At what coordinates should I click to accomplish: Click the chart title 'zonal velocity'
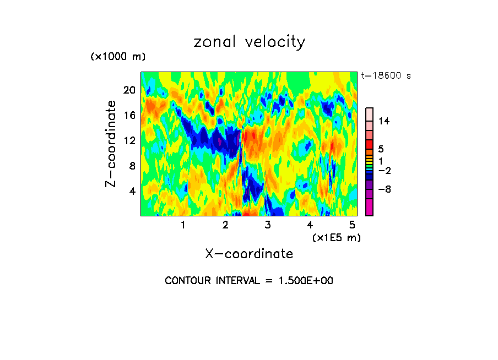click(249, 42)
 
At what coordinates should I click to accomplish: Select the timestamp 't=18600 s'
click(386, 76)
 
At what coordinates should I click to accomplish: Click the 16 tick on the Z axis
click(129, 115)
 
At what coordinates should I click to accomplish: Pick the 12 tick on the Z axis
click(129, 140)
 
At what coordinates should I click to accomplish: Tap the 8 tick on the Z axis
click(132, 166)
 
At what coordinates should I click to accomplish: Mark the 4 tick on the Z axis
click(132, 191)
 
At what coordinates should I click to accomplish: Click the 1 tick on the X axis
click(183, 225)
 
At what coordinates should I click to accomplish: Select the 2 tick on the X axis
click(225, 225)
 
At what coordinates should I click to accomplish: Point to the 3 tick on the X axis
click(268, 225)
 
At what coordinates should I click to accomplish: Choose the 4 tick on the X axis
click(310, 225)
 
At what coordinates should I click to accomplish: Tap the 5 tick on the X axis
click(352, 225)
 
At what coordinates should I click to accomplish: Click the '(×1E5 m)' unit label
click(337, 238)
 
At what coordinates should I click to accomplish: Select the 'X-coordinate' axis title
click(249, 254)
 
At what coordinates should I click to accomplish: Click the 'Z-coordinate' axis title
click(111, 144)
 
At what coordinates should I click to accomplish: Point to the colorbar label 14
click(384, 121)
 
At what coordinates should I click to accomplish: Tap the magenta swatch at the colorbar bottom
click(369, 208)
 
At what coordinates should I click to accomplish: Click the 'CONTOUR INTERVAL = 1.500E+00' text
click(249, 281)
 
